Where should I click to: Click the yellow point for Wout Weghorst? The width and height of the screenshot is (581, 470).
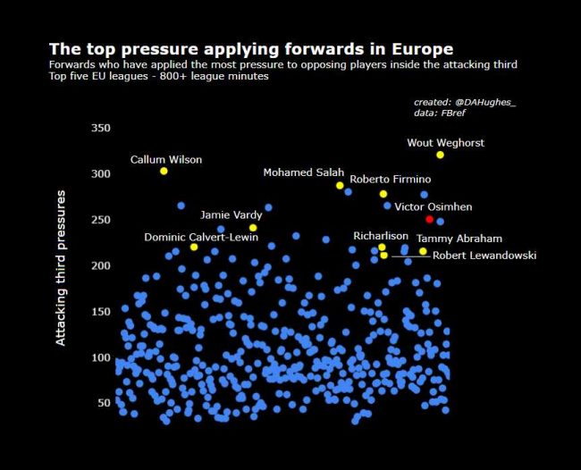[440, 155]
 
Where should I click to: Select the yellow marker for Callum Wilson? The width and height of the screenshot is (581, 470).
[164, 171]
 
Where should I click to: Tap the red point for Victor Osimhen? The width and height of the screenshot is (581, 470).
[429, 219]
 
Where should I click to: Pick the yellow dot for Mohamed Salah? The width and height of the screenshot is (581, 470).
[340, 185]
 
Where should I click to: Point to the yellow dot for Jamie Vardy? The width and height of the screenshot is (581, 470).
[253, 228]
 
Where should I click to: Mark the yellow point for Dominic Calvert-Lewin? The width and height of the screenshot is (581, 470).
[194, 247]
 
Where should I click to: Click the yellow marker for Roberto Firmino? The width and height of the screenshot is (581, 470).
[383, 194]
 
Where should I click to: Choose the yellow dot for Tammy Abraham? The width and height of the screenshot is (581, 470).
[423, 251]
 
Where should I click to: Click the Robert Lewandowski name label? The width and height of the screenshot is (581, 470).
[484, 256]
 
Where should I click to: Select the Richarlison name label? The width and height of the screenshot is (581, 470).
[381, 237]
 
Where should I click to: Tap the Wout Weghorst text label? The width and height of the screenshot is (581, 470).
[445, 142]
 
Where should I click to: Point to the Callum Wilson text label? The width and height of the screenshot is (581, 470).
[166, 159]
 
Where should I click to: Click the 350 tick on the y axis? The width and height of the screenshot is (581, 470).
[100, 128]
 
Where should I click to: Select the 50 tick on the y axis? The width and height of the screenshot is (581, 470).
[104, 403]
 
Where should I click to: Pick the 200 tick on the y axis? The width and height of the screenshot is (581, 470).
[100, 265]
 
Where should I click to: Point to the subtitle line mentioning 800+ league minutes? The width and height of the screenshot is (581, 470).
[158, 77]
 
